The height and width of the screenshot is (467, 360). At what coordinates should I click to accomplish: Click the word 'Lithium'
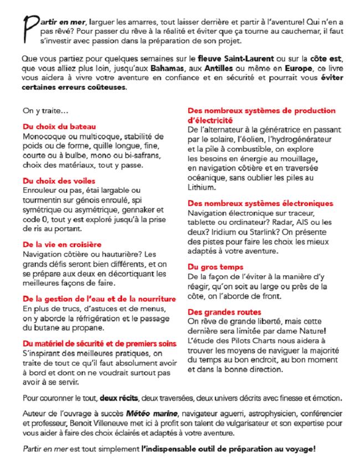pos(202,187)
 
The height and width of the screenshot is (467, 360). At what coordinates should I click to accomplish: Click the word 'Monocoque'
pos(44,136)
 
